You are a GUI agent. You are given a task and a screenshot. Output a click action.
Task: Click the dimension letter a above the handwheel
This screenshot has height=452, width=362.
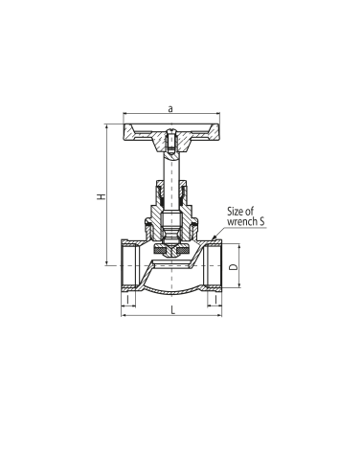[x=170, y=109]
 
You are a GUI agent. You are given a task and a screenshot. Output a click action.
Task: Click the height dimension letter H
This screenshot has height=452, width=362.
[x=102, y=196]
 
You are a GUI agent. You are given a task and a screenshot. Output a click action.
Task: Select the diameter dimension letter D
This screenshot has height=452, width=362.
[x=234, y=266]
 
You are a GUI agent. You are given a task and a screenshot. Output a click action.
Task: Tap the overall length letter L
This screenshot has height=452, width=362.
[x=172, y=309]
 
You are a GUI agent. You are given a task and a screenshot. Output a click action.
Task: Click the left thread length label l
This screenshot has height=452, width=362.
[x=128, y=300]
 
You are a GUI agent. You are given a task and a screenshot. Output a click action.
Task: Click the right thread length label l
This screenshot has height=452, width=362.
[x=215, y=300]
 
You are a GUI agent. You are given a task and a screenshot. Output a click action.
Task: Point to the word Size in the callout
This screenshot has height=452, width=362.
[x=236, y=211]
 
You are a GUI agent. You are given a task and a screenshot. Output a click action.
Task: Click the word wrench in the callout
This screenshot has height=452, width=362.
[x=242, y=221]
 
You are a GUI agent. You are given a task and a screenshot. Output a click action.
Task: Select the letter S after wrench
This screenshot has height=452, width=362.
[x=262, y=221]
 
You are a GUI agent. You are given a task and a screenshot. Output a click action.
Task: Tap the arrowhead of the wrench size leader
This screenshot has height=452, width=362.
[x=214, y=237]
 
